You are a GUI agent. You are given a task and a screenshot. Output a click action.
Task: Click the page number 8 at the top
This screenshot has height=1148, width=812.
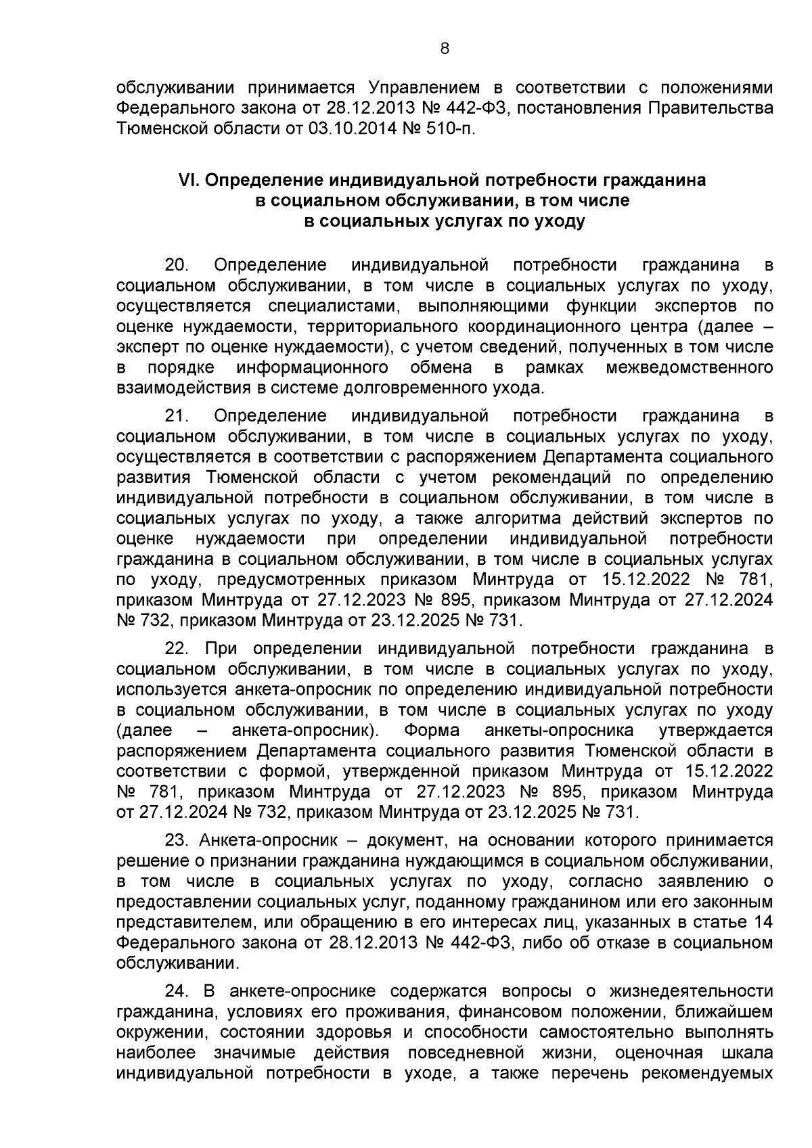pos(444,48)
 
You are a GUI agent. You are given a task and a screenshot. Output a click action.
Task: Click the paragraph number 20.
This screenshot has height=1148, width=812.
pos(179,265)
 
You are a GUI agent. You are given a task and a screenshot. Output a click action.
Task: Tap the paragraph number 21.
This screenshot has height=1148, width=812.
pos(179,415)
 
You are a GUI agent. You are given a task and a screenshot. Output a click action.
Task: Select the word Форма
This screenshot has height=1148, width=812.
pos(431,731)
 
